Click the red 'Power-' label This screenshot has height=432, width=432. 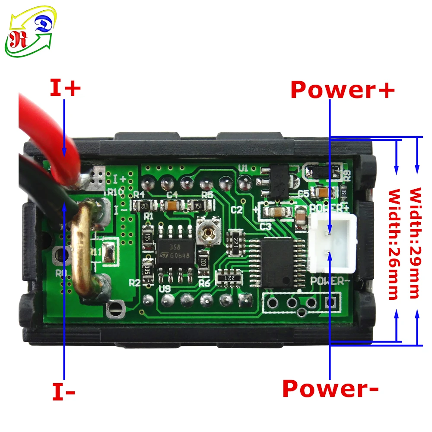330,388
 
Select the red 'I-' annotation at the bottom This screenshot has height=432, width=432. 64,392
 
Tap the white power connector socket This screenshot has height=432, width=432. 332,244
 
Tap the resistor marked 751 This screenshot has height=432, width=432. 199,206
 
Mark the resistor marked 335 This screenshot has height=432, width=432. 147,269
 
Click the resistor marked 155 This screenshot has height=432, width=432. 147,237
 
